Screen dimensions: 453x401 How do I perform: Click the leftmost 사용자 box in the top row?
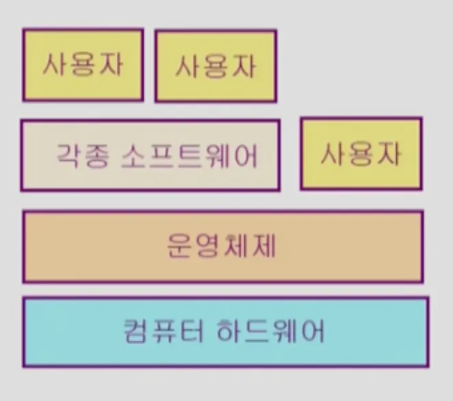(x=83, y=64)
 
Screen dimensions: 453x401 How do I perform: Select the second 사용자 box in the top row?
(x=216, y=66)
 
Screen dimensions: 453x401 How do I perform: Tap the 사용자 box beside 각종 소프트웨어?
(x=361, y=153)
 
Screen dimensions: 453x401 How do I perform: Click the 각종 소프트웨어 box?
(x=150, y=156)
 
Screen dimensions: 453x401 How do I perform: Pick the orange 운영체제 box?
(x=222, y=246)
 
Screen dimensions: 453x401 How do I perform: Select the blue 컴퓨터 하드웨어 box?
(x=225, y=332)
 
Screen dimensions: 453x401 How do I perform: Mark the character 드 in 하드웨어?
(x=256, y=332)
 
